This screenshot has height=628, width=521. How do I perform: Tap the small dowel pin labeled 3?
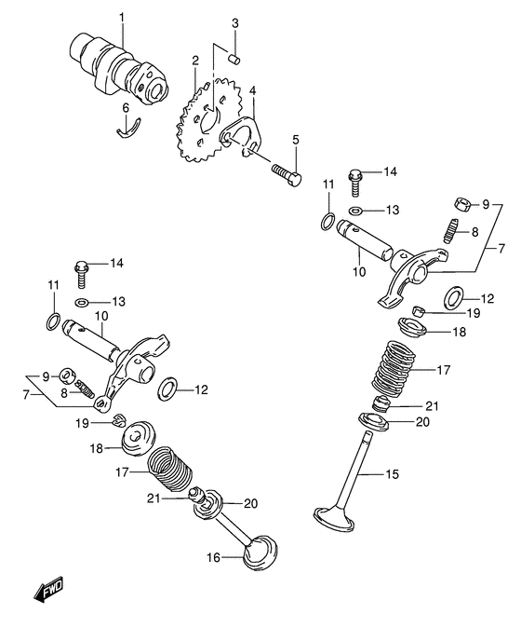[x=236, y=55]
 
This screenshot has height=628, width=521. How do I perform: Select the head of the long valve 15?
[x=334, y=514]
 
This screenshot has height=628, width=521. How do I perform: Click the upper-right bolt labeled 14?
[x=356, y=174]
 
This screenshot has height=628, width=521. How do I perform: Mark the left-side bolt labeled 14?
[x=82, y=271]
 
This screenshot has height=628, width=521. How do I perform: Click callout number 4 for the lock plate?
[x=252, y=90]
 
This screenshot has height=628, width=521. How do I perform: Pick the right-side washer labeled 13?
[x=357, y=210]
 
